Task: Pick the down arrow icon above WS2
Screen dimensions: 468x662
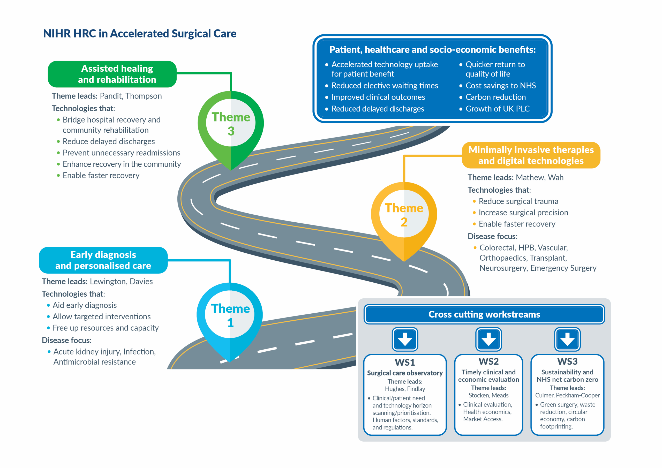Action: pyautogui.click(x=488, y=339)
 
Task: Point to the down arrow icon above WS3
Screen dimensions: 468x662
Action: pyautogui.click(x=567, y=339)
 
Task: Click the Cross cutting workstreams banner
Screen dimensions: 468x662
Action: pyautogui.click(x=484, y=314)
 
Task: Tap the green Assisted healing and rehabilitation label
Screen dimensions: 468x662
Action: pyautogui.click(x=112, y=74)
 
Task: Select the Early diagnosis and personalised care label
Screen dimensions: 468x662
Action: pyautogui.click(x=103, y=260)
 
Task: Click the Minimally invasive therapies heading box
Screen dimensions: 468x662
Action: pyautogui.click(x=531, y=155)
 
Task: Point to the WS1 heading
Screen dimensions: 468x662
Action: pyautogui.click(x=405, y=362)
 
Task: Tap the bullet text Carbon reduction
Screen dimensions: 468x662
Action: pyautogui.click(x=495, y=97)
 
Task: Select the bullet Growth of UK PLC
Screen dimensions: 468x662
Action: pyautogui.click(x=497, y=109)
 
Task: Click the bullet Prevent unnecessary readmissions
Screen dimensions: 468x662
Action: pyautogui.click(x=121, y=153)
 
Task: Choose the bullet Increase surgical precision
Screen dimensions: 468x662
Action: pyautogui.click(x=523, y=213)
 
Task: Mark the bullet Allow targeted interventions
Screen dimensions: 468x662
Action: pyautogui.click(x=101, y=317)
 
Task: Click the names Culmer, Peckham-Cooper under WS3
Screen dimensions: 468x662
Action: pyautogui.click(x=567, y=395)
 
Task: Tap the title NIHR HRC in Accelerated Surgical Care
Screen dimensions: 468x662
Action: pyautogui.click(x=140, y=33)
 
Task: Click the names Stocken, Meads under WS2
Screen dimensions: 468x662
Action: pyautogui.click(x=488, y=395)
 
